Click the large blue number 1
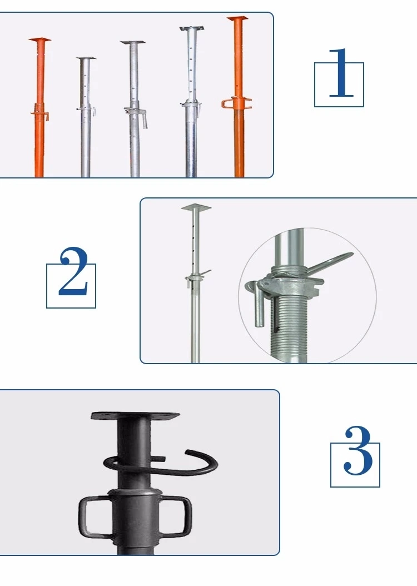341,73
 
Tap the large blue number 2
73,271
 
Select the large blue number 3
358,450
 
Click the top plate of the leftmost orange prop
39,39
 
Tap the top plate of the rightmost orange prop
237,19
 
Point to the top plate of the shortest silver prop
86,59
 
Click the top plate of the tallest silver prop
192,28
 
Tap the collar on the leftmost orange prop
39,111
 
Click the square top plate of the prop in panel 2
196,207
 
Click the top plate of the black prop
135,416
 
